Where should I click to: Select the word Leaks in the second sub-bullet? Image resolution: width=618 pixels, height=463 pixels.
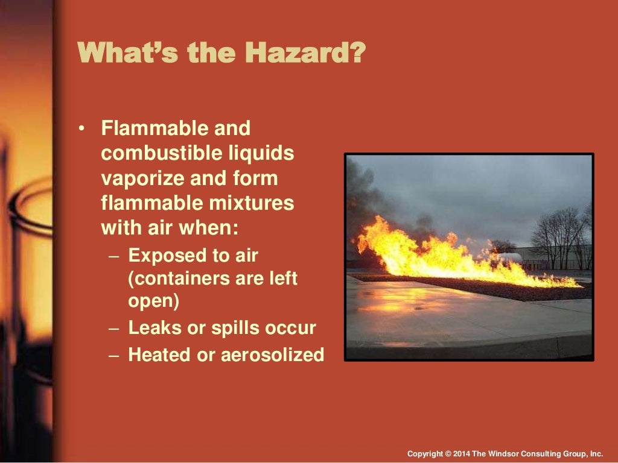click(x=153, y=328)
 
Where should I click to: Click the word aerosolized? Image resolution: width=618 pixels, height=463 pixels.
click(x=272, y=354)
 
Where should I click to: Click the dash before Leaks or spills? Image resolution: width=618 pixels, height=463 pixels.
click(x=115, y=329)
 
